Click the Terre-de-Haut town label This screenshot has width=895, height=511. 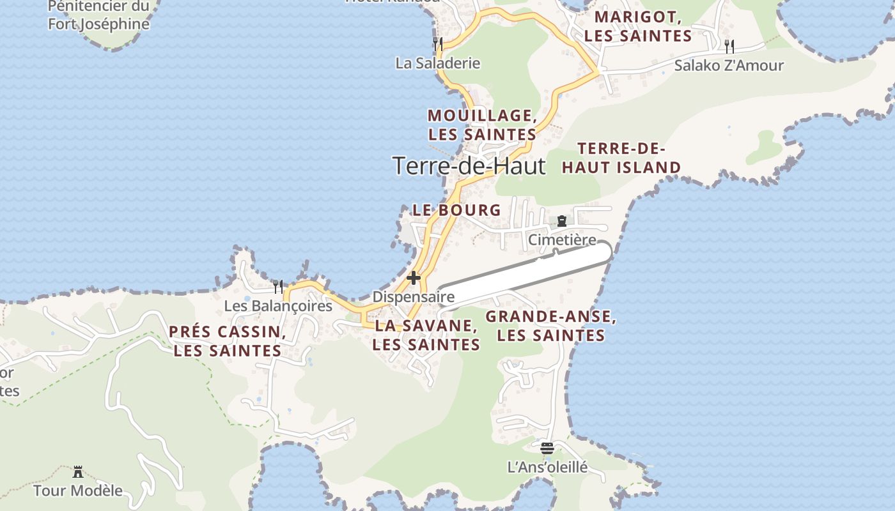pyautogui.click(x=469, y=166)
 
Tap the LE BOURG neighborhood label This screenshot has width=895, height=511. pyautogui.click(x=456, y=210)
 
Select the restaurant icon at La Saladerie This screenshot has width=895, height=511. pyautogui.click(x=438, y=44)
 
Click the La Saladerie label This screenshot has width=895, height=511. pyautogui.click(x=438, y=63)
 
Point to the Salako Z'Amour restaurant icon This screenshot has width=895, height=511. pyautogui.click(x=729, y=46)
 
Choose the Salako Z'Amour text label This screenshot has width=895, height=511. pyautogui.click(x=729, y=66)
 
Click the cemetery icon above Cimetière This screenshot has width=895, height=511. pyautogui.click(x=562, y=221)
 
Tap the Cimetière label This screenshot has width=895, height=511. pyautogui.click(x=562, y=240)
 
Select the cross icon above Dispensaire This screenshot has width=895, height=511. pyautogui.click(x=414, y=278)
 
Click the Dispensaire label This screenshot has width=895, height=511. pyautogui.click(x=414, y=297)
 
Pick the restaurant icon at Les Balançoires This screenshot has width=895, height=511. pyautogui.click(x=277, y=286)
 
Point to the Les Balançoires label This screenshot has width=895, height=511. pyautogui.click(x=278, y=306)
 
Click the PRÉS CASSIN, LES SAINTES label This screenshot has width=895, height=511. pyautogui.click(x=228, y=341)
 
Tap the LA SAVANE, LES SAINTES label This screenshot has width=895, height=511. pyautogui.click(x=427, y=335)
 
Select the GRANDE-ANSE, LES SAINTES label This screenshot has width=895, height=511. pyautogui.click(x=551, y=326)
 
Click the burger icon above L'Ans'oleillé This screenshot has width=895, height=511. pyautogui.click(x=547, y=448)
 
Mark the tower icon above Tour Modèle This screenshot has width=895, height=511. pyautogui.click(x=78, y=472)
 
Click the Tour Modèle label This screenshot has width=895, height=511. pyautogui.click(x=78, y=491)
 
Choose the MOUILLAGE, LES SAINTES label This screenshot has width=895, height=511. pyautogui.click(x=482, y=125)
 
